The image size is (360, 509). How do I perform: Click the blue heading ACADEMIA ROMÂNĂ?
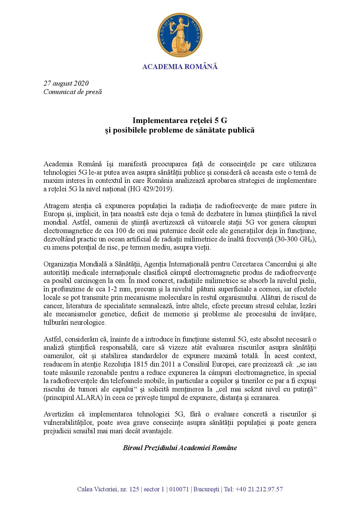coord(180,67)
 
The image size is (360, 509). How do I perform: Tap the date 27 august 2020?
coord(66,84)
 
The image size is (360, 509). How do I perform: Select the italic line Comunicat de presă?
coord(73,92)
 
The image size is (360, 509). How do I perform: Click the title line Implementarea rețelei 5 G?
coord(180,120)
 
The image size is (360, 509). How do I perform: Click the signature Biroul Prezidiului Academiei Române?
coord(180,448)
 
